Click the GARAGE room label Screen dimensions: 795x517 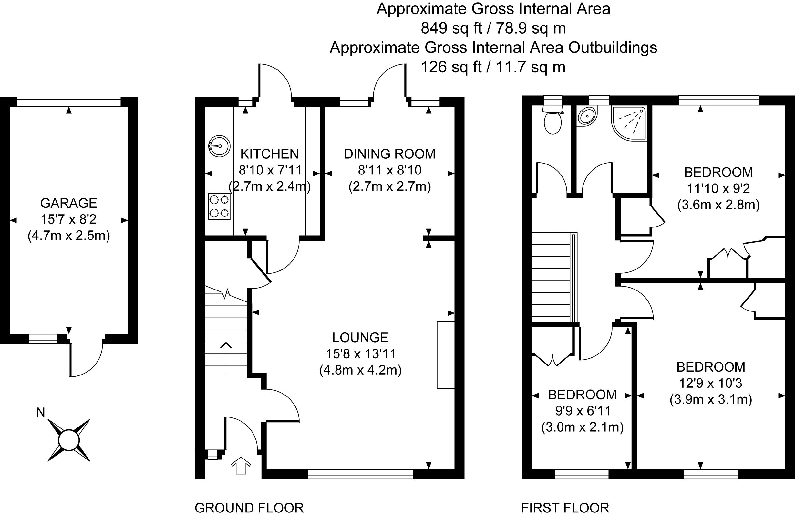(x=68, y=203)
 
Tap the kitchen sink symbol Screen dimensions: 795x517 (x=220, y=146)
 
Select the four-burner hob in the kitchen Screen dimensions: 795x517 (x=220, y=206)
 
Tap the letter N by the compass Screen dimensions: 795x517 (x=40, y=412)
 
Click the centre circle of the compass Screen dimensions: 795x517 (x=69, y=440)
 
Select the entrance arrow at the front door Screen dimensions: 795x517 (x=241, y=466)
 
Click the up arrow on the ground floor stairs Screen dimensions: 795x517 (x=226, y=357)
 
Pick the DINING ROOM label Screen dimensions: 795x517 (x=389, y=154)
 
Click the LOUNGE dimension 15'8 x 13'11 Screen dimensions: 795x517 (x=360, y=353)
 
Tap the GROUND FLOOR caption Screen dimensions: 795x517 (x=249, y=508)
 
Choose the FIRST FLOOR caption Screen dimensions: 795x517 (x=565, y=508)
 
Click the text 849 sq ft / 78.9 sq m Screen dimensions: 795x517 (x=493, y=28)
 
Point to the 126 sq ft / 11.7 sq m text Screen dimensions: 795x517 (x=493, y=67)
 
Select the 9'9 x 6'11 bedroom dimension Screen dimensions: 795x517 (x=583, y=411)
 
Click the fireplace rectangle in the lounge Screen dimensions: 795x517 (x=446, y=355)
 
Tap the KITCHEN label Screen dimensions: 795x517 (x=270, y=154)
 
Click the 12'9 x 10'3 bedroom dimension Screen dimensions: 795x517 (x=711, y=383)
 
